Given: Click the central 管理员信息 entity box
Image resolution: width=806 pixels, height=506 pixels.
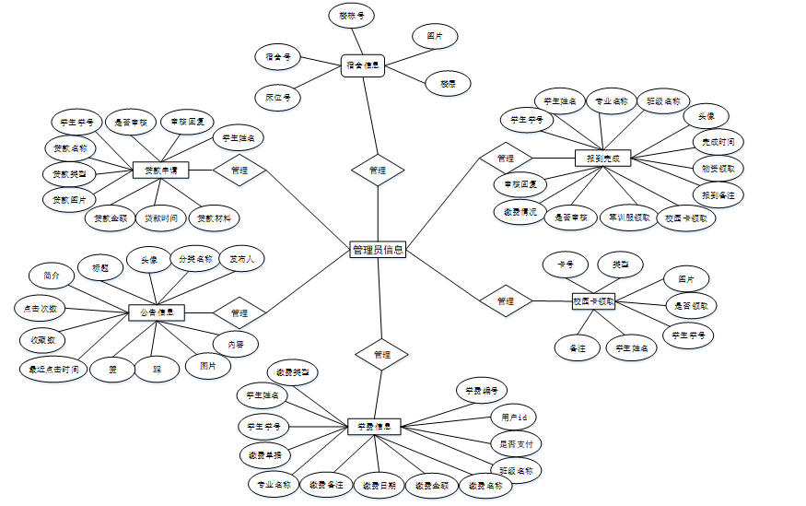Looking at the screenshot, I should (x=378, y=250).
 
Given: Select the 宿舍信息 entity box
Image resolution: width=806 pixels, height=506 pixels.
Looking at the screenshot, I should (x=362, y=65).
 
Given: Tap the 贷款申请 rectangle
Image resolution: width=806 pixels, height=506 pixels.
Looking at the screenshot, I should (x=160, y=171).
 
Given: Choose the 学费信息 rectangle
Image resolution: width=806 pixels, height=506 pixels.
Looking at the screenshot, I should (x=374, y=427).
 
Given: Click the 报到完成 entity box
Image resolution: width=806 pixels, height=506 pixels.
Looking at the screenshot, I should (x=602, y=158).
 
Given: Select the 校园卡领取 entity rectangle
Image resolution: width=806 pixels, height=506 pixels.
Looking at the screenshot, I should (x=593, y=301).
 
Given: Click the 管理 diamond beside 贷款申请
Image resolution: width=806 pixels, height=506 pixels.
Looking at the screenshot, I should (x=239, y=171).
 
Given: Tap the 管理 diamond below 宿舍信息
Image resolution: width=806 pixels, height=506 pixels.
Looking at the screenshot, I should (x=378, y=171).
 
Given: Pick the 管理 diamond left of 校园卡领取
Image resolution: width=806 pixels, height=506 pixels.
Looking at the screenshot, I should (x=506, y=301).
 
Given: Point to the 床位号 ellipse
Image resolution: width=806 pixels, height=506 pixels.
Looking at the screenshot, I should (x=277, y=96).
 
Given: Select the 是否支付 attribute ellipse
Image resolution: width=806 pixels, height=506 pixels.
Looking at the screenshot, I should (x=514, y=443).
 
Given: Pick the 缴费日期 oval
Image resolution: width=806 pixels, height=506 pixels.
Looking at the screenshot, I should (x=379, y=485).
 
